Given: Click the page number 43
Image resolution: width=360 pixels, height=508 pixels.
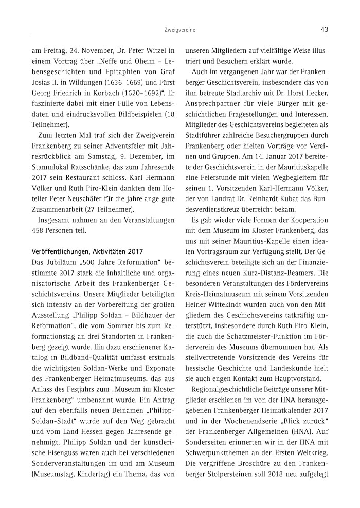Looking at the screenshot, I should (324, 30).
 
